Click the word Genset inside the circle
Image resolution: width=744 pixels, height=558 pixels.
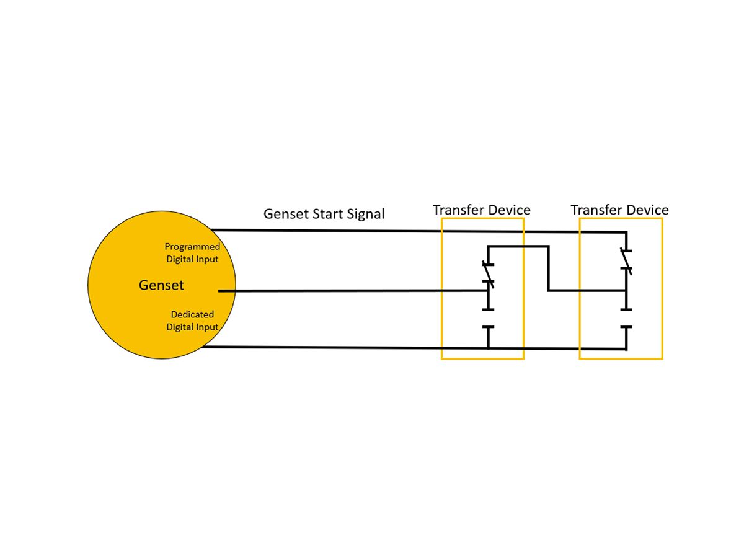point(161,285)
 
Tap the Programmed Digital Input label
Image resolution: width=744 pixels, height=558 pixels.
point(192,253)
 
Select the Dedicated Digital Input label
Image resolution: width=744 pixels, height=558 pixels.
point(192,321)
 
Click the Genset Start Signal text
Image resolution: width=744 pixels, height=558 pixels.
point(324,214)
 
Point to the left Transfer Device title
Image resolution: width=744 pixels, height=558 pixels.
point(481,210)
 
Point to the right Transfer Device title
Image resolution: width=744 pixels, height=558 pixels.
point(619,210)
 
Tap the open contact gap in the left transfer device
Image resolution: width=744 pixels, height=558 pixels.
point(489,318)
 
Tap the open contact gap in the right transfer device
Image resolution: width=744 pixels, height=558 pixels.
point(627,318)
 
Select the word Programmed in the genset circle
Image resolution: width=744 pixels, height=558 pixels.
point(192,247)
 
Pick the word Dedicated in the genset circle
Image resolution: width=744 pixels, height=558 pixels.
point(192,314)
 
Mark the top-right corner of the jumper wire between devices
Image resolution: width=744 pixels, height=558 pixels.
point(548,247)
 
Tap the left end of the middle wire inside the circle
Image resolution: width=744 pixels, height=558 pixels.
point(220,291)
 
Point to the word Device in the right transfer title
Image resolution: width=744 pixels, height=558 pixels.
point(647,210)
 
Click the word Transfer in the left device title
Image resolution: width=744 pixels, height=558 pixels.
point(458,210)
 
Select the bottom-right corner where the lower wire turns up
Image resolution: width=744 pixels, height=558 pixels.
point(626,348)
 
